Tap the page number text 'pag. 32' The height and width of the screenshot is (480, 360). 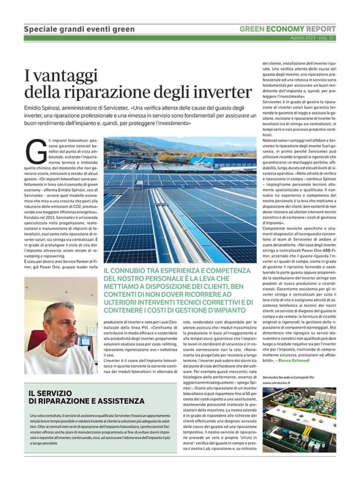pos(326,37)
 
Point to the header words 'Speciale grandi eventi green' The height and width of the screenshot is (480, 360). pos(79,29)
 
